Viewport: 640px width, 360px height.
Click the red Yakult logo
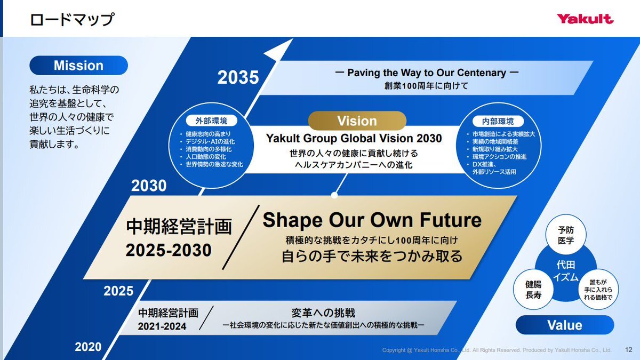click(585, 19)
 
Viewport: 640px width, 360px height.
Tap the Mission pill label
click(78, 66)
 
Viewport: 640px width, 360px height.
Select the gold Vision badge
click(357, 121)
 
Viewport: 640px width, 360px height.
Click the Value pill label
click(565, 325)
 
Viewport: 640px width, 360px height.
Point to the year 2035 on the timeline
click(238, 77)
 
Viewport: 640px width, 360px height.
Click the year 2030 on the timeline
click(149, 186)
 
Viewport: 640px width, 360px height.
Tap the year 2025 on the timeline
click(118, 291)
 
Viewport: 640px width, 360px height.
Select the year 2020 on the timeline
click(89, 347)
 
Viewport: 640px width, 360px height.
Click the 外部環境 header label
click(211, 121)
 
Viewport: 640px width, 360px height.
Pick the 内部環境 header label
click(498, 121)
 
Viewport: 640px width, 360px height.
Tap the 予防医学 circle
click(566, 235)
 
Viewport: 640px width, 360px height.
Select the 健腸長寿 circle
click(533, 290)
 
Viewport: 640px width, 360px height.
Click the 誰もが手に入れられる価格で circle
click(598, 290)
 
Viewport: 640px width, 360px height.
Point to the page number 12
click(629, 350)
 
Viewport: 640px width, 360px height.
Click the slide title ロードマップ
click(72, 19)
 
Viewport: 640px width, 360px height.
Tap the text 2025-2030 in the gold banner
click(169, 250)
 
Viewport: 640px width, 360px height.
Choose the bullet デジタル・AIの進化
click(210, 141)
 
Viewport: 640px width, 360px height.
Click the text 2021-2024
click(162, 326)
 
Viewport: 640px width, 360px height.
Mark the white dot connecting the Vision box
click(334, 195)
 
